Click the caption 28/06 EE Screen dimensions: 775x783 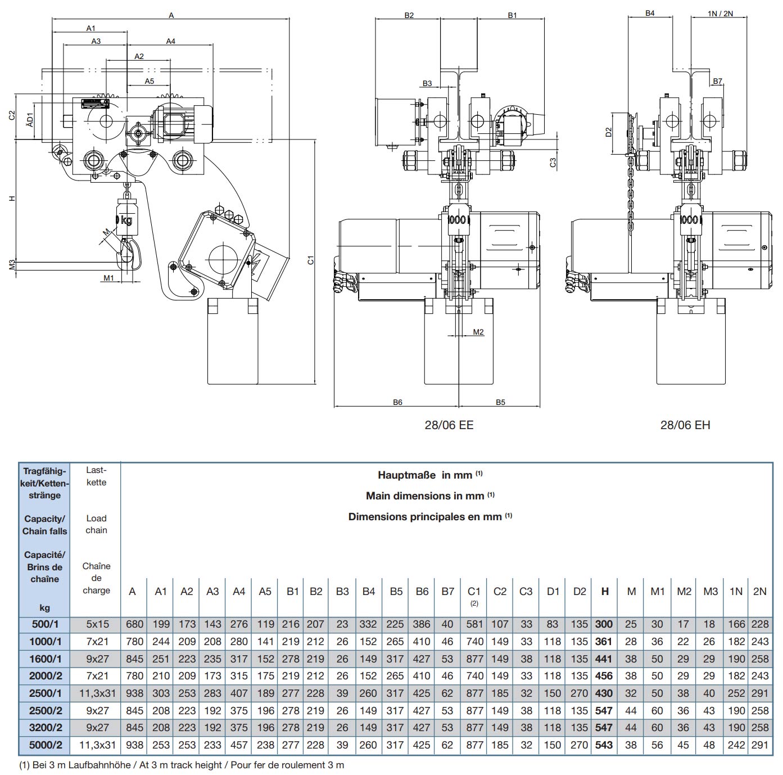tap(449, 425)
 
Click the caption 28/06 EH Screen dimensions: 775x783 tap(685, 425)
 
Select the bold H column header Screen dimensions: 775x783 tap(605, 591)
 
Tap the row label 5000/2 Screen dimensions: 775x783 tap(45, 745)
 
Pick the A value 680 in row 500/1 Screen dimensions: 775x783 tap(134, 624)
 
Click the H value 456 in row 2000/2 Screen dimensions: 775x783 tap(604, 676)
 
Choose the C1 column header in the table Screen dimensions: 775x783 tap(474, 592)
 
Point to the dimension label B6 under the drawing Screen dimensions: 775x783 tap(397, 402)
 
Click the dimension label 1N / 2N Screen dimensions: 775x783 tap(720, 13)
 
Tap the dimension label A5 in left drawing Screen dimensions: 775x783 tap(149, 82)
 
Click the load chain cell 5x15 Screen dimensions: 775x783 tap(98, 624)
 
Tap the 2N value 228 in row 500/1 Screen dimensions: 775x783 tap(759, 624)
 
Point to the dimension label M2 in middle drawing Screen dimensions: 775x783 tap(478, 332)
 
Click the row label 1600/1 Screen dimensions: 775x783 tap(45, 659)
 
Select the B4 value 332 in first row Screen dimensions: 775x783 tap(368, 624)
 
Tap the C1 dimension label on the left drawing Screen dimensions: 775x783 tap(310, 260)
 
